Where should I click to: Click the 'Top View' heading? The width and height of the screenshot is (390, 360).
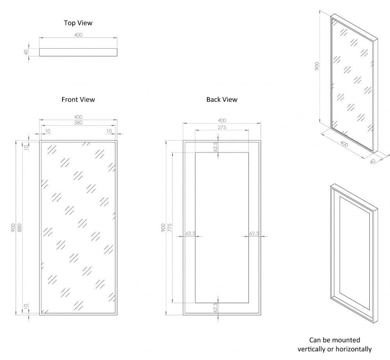point(78,23)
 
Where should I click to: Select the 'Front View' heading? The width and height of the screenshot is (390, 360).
point(78,99)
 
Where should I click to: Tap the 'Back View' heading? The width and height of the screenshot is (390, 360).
point(222,99)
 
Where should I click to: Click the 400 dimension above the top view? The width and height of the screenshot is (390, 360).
point(78,35)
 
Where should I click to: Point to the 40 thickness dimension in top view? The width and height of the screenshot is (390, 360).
point(26,52)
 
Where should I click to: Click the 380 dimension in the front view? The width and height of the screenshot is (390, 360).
point(78,122)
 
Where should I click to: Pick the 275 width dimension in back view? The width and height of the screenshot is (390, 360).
point(222,127)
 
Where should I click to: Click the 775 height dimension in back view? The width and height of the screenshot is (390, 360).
point(169,228)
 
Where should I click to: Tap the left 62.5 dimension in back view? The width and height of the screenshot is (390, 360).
point(190,234)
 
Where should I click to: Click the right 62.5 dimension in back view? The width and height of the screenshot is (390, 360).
point(254,234)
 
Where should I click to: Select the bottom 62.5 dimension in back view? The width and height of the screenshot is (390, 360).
point(215,308)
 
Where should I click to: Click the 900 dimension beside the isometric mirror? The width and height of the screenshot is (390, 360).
point(317,66)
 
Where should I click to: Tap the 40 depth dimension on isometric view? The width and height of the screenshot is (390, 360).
point(372,160)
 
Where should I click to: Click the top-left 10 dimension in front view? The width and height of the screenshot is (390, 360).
point(48,131)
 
